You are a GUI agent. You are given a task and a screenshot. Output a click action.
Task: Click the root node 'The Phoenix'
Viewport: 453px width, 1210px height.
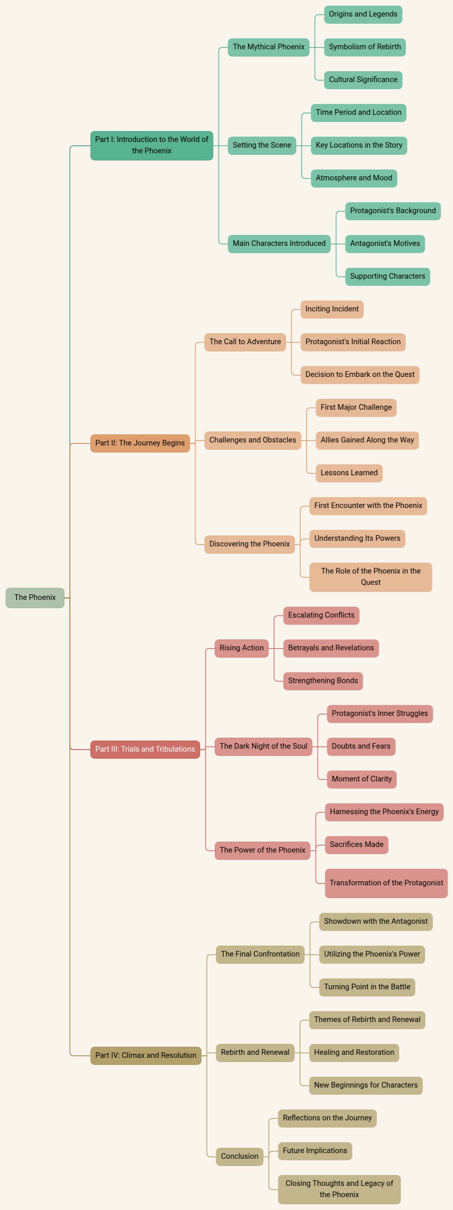pos(35,598)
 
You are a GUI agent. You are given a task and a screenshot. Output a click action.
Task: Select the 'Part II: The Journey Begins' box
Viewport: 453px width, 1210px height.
pos(140,443)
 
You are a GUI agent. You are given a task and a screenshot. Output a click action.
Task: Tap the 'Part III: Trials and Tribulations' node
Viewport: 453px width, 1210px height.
pos(145,749)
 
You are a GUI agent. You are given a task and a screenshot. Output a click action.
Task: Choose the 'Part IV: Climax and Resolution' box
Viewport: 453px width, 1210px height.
pos(146,1056)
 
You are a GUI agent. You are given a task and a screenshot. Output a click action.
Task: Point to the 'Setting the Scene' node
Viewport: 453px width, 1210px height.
pos(262,145)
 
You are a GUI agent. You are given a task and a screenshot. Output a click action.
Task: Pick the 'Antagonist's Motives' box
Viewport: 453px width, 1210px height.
pos(385,244)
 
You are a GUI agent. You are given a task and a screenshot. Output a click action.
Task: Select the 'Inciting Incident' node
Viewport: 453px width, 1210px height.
pos(332,309)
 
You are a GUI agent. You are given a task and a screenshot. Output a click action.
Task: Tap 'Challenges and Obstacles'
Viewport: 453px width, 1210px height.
pos(252,440)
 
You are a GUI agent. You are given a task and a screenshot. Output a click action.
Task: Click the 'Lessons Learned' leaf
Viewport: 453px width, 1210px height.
pos(349,473)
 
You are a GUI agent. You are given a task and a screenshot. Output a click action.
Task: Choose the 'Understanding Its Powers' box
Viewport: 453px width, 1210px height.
pos(357,538)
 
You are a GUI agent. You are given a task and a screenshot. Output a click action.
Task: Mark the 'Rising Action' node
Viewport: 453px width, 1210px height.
pos(241,648)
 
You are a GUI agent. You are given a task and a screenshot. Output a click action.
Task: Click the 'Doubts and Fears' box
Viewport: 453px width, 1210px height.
pos(361,746)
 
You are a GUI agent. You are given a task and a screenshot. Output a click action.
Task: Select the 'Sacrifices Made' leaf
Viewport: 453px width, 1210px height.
pos(356,845)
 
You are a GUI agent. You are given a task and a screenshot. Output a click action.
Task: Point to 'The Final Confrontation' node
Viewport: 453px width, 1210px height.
pos(260,954)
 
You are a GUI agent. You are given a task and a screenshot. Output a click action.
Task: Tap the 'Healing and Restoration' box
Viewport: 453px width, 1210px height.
pos(354,1052)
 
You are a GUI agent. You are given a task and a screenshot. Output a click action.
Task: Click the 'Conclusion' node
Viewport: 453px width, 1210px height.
pos(239,1157)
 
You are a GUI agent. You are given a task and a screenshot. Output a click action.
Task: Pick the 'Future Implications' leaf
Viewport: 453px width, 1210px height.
pos(315,1151)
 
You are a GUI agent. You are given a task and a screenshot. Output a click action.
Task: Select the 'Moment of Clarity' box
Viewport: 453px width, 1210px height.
pos(361,779)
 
